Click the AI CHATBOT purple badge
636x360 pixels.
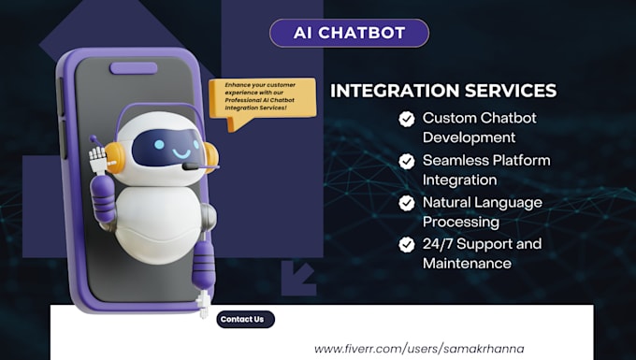point(349,33)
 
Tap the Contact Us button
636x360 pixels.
point(246,319)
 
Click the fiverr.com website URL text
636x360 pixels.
point(419,348)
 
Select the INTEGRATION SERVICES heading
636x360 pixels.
point(443,91)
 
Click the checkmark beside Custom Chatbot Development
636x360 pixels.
point(407,119)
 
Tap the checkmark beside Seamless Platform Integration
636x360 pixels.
point(407,161)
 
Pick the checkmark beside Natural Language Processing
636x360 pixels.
point(407,203)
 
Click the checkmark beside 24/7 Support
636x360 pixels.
point(407,245)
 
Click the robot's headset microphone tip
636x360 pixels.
point(189,166)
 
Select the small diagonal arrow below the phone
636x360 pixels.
point(302,275)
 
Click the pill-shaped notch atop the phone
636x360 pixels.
point(134,67)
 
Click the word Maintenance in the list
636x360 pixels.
point(467,264)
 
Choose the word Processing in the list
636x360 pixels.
point(460,222)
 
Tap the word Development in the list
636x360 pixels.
point(470,137)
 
